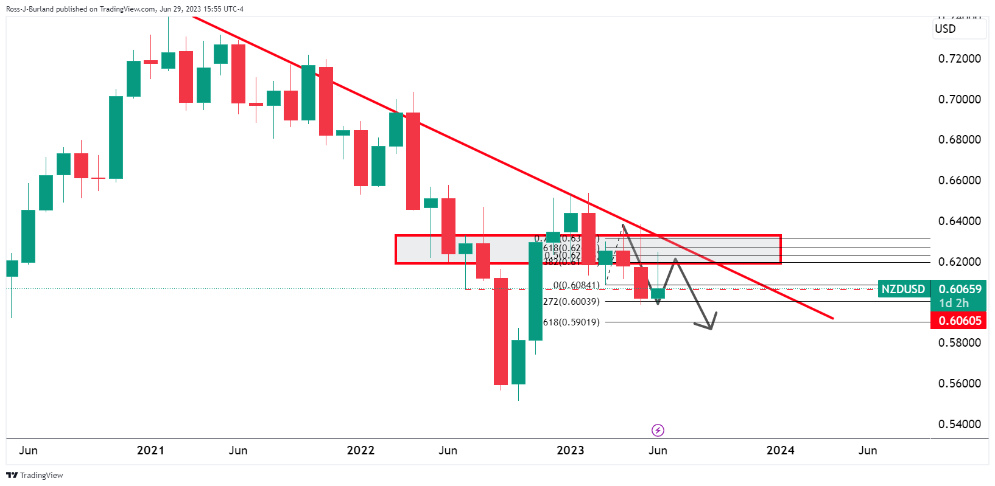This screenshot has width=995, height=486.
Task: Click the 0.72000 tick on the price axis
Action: click(x=959, y=59)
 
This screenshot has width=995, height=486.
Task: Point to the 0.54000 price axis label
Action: click(x=959, y=424)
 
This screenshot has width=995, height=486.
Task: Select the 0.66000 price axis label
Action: click(x=959, y=181)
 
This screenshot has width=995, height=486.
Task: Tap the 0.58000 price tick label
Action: click(x=959, y=343)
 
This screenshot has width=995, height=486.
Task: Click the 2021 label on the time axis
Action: click(x=150, y=450)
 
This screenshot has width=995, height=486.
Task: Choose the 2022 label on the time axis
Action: click(x=360, y=450)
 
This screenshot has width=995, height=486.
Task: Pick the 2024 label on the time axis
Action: click(x=780, y=450)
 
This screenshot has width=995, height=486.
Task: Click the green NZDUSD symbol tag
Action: click(x=903, y=289)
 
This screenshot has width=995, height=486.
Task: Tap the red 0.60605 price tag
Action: click(x=960, y=321)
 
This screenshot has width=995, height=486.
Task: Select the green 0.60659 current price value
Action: click(x=960, y=289)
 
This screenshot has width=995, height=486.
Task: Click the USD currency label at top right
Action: click(x=945, y=29)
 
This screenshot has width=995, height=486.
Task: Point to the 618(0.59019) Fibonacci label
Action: click(x=571, y=322)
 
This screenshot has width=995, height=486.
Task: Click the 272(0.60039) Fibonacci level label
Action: click(x=571, y=301)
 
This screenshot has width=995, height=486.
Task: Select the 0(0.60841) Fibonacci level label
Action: click(x=576, y=285)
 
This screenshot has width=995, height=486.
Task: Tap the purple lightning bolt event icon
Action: click(x=658, y=431)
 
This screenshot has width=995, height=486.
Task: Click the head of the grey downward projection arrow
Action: click(x=710, y=328)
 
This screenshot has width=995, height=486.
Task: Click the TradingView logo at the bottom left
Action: click(x=35, y=475)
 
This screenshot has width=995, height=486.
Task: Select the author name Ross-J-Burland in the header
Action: click(x=30, y=9)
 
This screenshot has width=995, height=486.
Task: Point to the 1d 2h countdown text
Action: click(x=954, y=303)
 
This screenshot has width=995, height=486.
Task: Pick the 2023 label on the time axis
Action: click(x=571, y=450)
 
